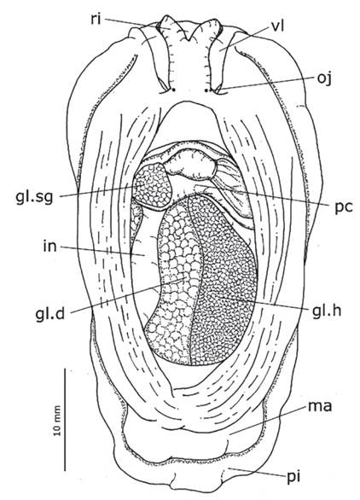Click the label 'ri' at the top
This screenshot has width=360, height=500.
coord(96,20)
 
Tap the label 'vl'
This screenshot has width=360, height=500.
coord(277,27)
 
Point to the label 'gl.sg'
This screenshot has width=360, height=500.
coord(34,197)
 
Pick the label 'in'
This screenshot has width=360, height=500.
coord(49,247)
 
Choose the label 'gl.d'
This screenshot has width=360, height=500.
coord(50,313)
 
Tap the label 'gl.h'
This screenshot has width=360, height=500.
coord(327,310)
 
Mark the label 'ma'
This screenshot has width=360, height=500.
coord(320,406)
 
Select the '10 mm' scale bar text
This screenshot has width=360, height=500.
coord(57,421)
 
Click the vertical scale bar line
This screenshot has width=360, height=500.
coord(66,420)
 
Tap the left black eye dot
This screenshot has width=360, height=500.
coord(173,90)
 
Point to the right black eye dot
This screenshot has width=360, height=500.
coord(206,90)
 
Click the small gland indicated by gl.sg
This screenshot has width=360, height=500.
coord(153,185)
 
